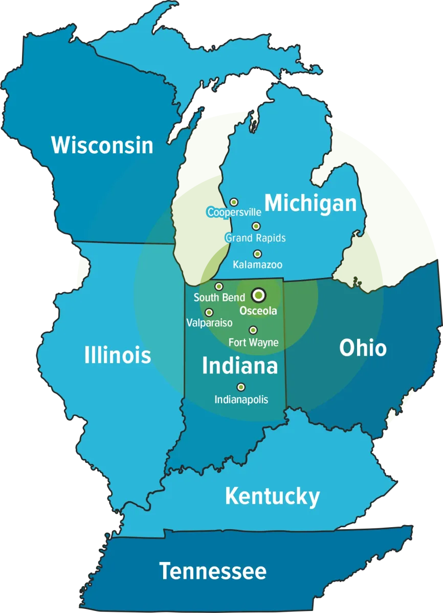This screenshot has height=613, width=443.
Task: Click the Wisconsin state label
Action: coord(102,145)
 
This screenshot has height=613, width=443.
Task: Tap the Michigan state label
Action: coord(310,203)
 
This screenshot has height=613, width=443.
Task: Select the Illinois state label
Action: coord(118,355)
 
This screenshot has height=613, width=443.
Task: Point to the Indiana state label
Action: coord(240,366)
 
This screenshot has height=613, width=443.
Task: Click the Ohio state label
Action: coord(363,348)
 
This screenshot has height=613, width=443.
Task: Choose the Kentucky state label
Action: coord(272,496)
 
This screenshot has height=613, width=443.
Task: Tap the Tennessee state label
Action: coord(212,571)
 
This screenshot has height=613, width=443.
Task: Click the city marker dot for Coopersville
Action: coord(234,202)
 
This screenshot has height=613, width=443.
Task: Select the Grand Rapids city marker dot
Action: coord(256,226)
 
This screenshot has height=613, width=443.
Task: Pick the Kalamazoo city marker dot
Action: coord(257,254)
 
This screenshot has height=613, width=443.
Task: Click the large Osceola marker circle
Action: coord(259,295)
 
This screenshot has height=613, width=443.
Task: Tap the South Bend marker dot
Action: coord(218,287)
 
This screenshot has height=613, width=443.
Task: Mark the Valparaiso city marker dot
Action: coord(209,312)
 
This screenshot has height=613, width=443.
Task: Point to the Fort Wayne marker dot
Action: coord(253,330)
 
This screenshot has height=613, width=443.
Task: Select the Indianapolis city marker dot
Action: coord(240,387)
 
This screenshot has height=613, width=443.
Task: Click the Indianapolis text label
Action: coord(241,400)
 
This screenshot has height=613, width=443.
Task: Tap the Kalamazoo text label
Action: coord(257,265)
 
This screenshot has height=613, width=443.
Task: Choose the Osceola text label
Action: coord(258,311)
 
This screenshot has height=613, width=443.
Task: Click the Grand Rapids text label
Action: coord(255,238)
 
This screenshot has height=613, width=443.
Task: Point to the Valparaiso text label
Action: coord(209,323)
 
